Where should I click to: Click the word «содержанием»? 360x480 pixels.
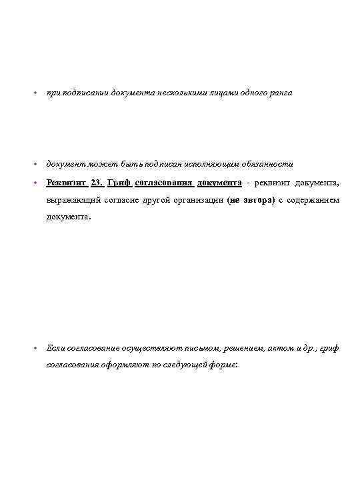click(313, 200)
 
